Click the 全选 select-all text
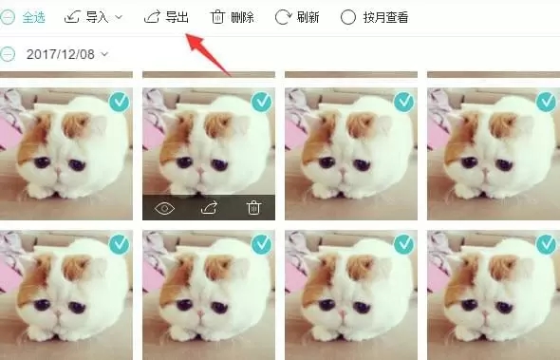[33, 17]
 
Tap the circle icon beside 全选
[7, 17]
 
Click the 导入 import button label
[98, 17]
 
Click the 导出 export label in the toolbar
[177, 17]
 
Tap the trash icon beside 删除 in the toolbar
[217, 17]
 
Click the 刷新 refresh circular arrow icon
[283, 17]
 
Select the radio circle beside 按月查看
[347, 17]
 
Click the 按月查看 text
[386, 17]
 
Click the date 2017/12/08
[60, 53]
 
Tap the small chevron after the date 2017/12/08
[104, 53]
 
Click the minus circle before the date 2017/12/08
[7, 53]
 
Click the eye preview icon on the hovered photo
[164, 207]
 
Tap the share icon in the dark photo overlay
[209, 207]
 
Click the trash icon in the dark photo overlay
[253, 207]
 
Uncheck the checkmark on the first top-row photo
[119, 102]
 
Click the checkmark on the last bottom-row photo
[547, 245]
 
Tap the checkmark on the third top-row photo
[404, 102]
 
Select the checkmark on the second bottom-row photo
[262, 245]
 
